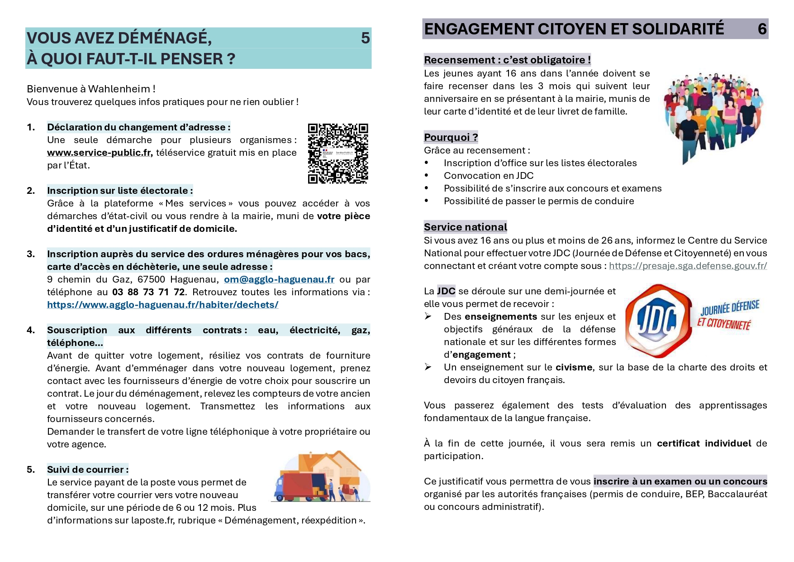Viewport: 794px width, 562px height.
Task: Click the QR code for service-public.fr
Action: (338, 153)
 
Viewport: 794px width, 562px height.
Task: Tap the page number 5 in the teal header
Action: (365, 38)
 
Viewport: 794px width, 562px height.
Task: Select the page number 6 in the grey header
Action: (762, 29)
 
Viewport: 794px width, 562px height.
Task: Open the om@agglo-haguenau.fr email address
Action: (279, 279)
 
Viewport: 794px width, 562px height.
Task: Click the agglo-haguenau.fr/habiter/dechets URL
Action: (162, 305)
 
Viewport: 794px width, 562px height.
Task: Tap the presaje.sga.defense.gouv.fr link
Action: (688, 266)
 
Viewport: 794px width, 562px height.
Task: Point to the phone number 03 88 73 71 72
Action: (148, 292)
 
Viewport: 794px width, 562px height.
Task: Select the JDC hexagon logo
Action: (658, 321)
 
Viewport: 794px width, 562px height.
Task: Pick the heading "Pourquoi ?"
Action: (451, 137)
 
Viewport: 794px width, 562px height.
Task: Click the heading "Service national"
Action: (465, 227)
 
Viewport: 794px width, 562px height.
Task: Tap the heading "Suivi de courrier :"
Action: (88, 470)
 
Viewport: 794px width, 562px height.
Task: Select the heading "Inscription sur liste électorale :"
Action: (120, 191)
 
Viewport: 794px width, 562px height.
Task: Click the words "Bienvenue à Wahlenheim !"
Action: (91, 89)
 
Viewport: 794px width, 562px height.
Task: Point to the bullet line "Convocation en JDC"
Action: (488, 176)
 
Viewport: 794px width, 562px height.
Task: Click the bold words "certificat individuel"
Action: (704, 443)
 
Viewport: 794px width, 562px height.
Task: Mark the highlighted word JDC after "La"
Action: (446, 291)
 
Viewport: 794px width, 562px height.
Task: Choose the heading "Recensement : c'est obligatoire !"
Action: (507, 60)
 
